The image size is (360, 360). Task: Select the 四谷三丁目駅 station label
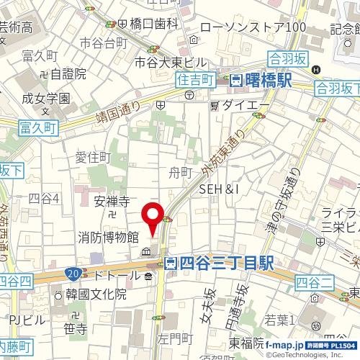tap(219, 264)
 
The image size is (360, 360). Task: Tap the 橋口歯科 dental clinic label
tap(153, 24)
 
